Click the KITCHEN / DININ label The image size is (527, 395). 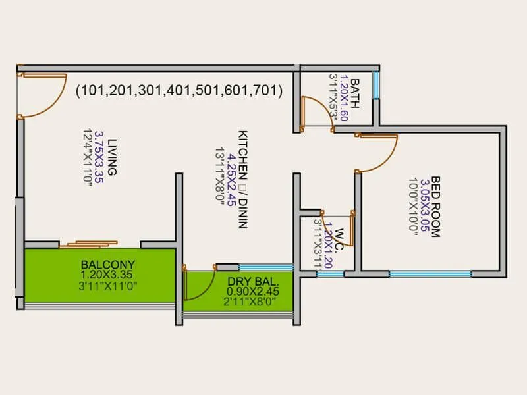coord(243,178)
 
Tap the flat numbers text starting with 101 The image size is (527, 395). coord(179,91)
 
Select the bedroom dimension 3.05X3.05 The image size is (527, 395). coord(425,207)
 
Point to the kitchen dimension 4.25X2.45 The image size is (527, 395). coord(232,178)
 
